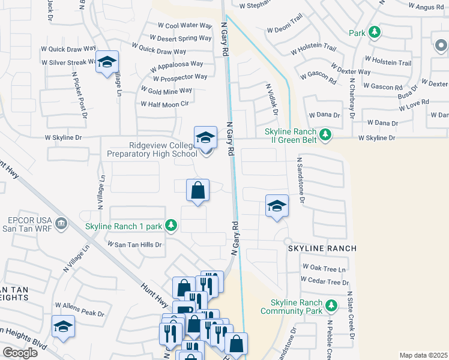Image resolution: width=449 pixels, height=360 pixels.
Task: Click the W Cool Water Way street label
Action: pos(185,26)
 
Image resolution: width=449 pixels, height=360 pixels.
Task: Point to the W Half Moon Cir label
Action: pos(164,104)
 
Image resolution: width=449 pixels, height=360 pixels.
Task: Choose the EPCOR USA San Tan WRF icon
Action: pos(61,224)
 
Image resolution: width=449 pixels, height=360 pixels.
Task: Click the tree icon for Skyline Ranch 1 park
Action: pos(172,226)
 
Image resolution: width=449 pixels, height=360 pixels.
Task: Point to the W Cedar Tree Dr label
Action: pos(326,281)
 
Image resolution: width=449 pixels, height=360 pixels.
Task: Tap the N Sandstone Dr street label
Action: pos(301,179)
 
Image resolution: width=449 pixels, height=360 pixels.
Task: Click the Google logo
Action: pos(19,352)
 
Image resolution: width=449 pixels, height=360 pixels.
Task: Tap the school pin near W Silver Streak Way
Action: pos(107,62)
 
